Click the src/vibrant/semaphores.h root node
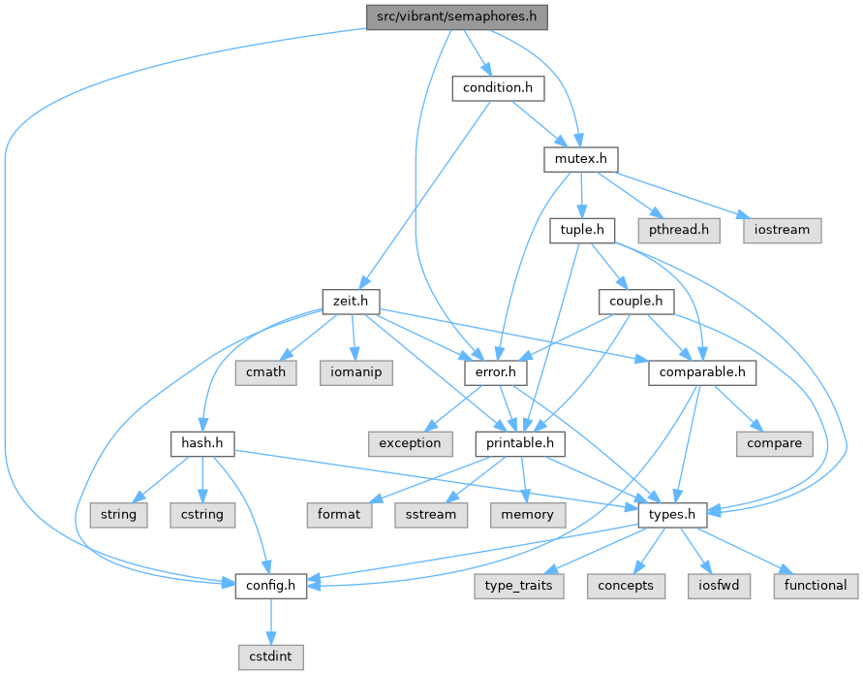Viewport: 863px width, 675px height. (456, 16)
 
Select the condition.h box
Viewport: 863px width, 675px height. (498, 88)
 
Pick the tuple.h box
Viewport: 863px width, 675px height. (582, 230)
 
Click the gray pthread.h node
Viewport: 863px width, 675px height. (678, 230)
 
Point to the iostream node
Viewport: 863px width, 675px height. (783, 230)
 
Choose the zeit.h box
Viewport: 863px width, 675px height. (350, 301)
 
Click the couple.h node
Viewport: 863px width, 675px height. (635, 301)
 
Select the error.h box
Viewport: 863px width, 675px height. (496, 371)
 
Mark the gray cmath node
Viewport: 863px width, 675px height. (264, 371)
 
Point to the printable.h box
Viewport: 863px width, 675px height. (520, 442)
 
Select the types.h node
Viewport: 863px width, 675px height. (671, 513)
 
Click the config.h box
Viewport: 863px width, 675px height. (271, 584)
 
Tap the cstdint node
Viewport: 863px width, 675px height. (271, 656)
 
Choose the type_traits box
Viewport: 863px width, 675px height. (522, 584)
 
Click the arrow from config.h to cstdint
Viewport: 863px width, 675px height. (271, 620)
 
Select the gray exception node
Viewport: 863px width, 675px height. (410, 442)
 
